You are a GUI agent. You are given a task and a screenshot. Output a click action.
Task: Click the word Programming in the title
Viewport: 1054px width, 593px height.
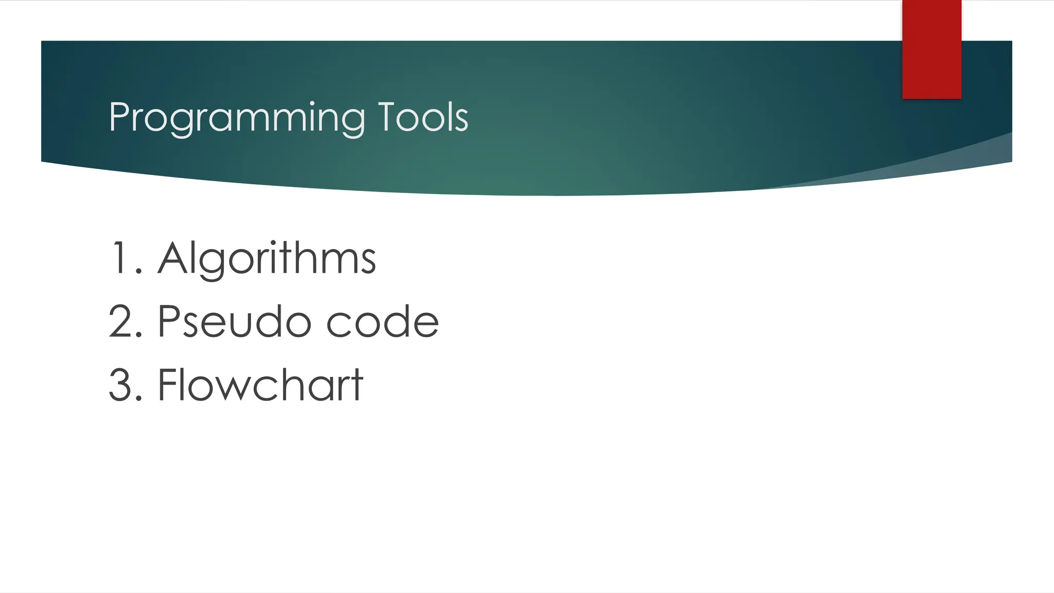[x=237, y=118]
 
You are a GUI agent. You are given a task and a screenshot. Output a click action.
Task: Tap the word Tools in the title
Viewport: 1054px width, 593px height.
[x=423, y=117]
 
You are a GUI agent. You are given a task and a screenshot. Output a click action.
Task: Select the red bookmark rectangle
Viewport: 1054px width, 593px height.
[x=932, y=49]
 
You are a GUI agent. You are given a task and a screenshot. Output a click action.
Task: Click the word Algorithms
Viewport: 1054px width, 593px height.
[x=267, y=258]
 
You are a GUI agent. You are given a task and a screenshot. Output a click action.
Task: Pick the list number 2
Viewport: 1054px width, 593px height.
[x=121, y=322]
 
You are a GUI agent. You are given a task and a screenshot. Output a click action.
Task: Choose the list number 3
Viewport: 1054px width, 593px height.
[x=121, y=385]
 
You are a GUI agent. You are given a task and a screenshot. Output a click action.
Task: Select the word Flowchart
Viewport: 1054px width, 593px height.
[x=260, y=385]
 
